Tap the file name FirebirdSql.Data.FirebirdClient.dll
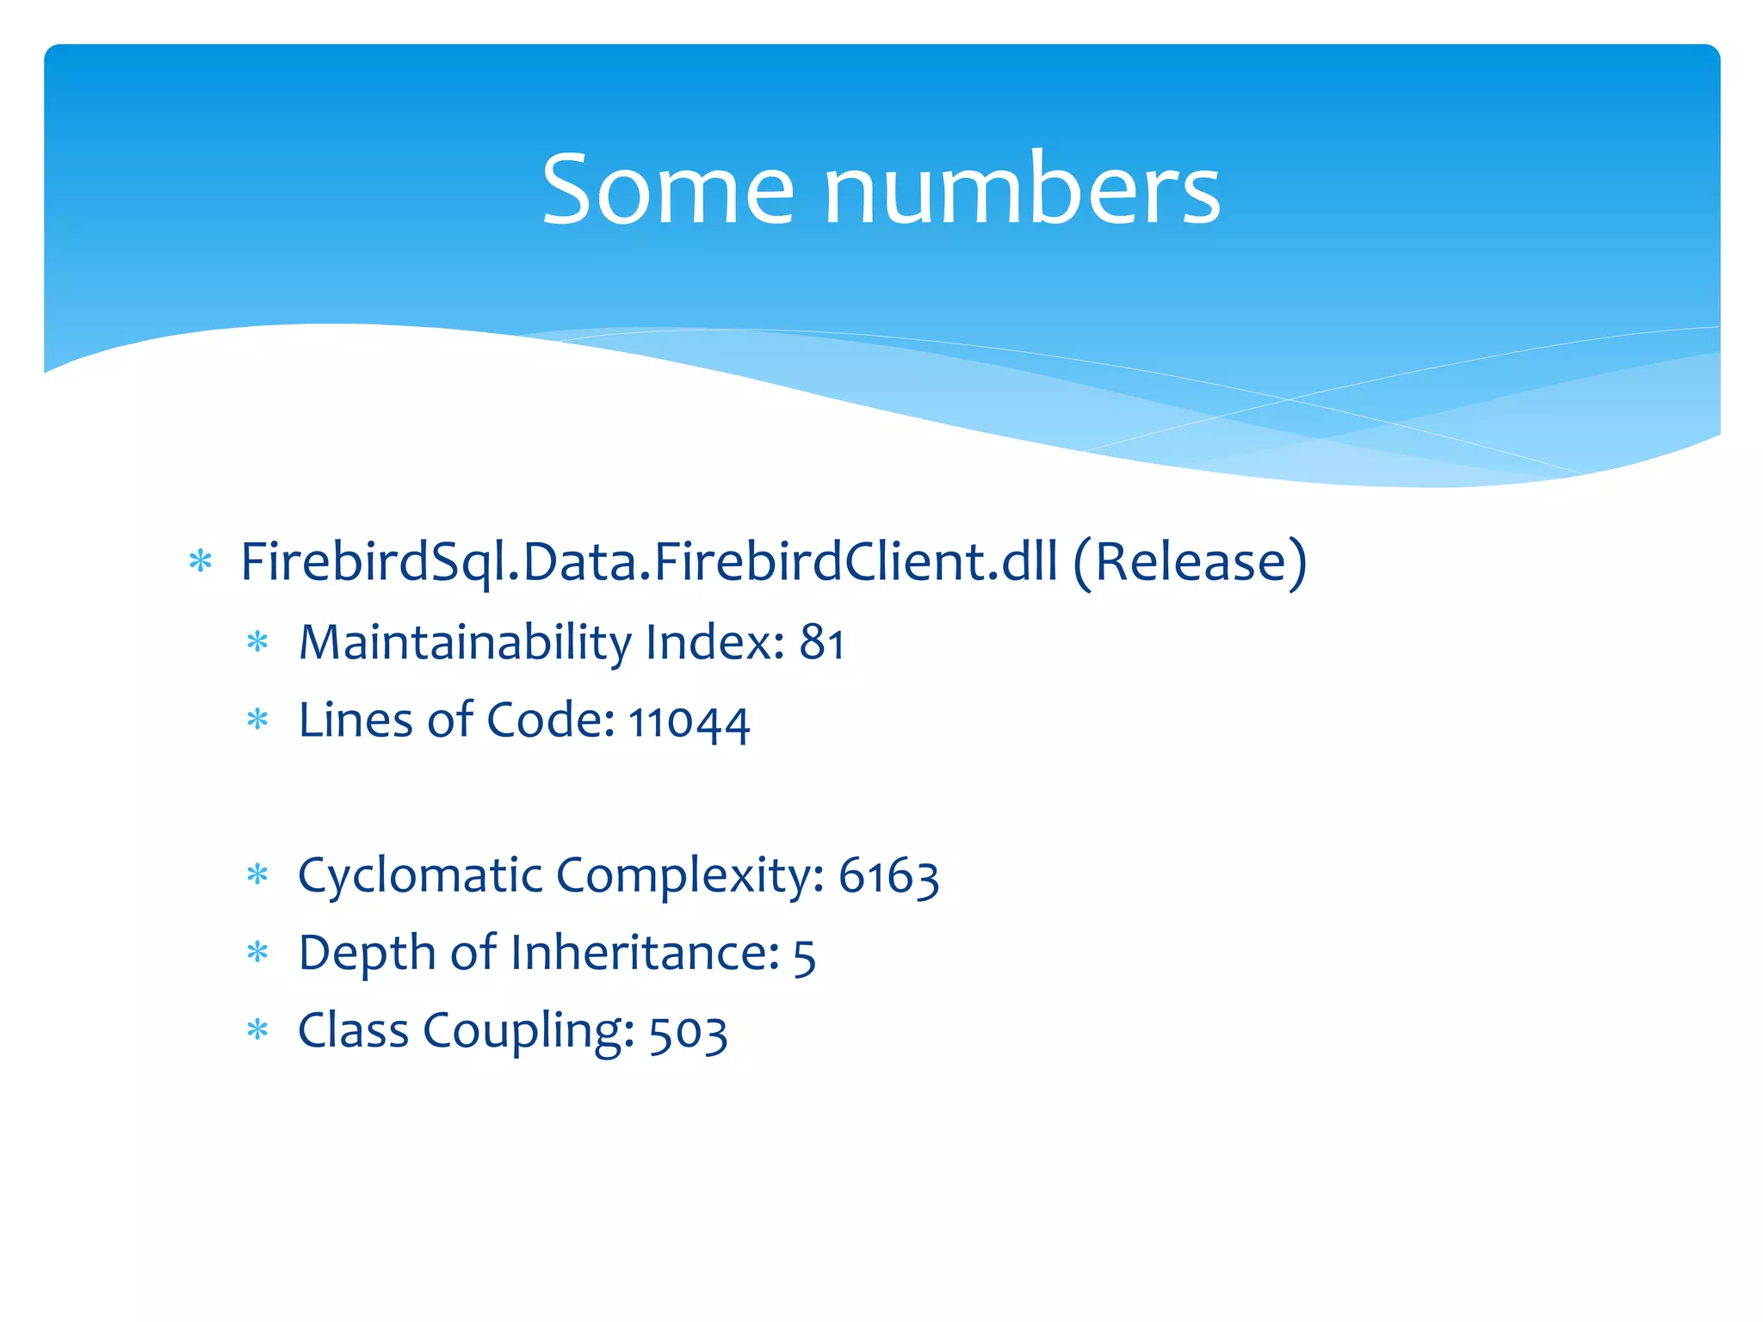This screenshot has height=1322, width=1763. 648,562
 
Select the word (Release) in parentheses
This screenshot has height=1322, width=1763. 1190,562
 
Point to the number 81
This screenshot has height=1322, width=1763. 821,643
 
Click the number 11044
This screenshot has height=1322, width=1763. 689,721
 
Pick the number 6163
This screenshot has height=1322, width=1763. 888,876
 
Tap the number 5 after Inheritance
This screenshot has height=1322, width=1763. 804,954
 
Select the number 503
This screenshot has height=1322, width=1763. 688,1032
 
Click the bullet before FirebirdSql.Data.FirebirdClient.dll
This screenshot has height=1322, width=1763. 201,562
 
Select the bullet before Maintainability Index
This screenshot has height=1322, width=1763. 257,642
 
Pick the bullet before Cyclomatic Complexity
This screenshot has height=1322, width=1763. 257,875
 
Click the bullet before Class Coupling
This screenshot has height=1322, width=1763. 257,1030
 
